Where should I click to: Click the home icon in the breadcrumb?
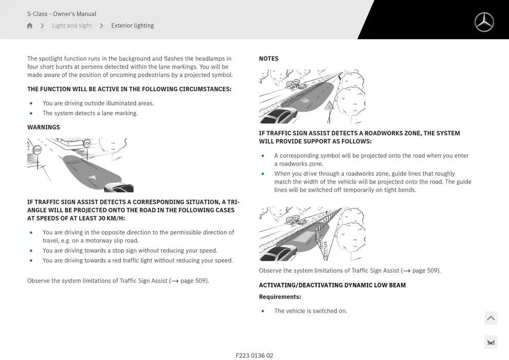[x=30, y=26]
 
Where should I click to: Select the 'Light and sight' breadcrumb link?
[x=71, y=26]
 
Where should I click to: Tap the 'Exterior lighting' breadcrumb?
[x=132, y=26]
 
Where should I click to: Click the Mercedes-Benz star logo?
[x=484, y=22]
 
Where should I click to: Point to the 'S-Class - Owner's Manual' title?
[x=62, y=14]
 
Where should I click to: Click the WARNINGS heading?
[x=44, y=127]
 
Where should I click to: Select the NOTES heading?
[x=268, y=59]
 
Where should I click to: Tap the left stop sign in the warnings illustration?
[x=37, y=150]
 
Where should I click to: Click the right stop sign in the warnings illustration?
[x=86, y=143]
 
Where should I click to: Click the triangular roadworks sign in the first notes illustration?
[x=329, y=106]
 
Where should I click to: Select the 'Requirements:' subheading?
[x=280, y=297]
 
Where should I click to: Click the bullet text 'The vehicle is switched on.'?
[x=311, y=311]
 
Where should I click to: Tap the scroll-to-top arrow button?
[x=490, y=318]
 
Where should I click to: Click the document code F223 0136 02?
[x=254, y=355]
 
